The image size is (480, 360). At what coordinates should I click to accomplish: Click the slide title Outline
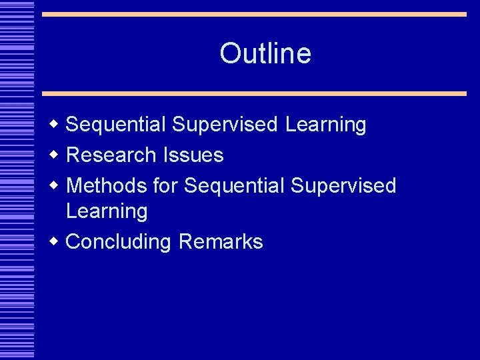point(265,53)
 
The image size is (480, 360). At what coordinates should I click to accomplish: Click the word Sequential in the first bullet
point(117,125)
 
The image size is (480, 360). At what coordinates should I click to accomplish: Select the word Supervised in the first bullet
point(225,125)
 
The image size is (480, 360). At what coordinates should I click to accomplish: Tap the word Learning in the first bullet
point(325,125)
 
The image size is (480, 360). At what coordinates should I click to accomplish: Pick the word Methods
point(107,185)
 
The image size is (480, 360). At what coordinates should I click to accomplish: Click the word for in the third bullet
point(165,185)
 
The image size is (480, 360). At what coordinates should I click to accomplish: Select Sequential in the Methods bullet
point(234,185)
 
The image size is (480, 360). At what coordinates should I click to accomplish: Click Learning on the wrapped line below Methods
point(107,211)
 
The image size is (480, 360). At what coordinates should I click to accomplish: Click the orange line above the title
point(254,14)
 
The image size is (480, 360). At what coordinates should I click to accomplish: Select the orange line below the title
point(254,94)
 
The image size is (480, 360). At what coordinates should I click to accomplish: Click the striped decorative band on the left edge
point(17,180)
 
